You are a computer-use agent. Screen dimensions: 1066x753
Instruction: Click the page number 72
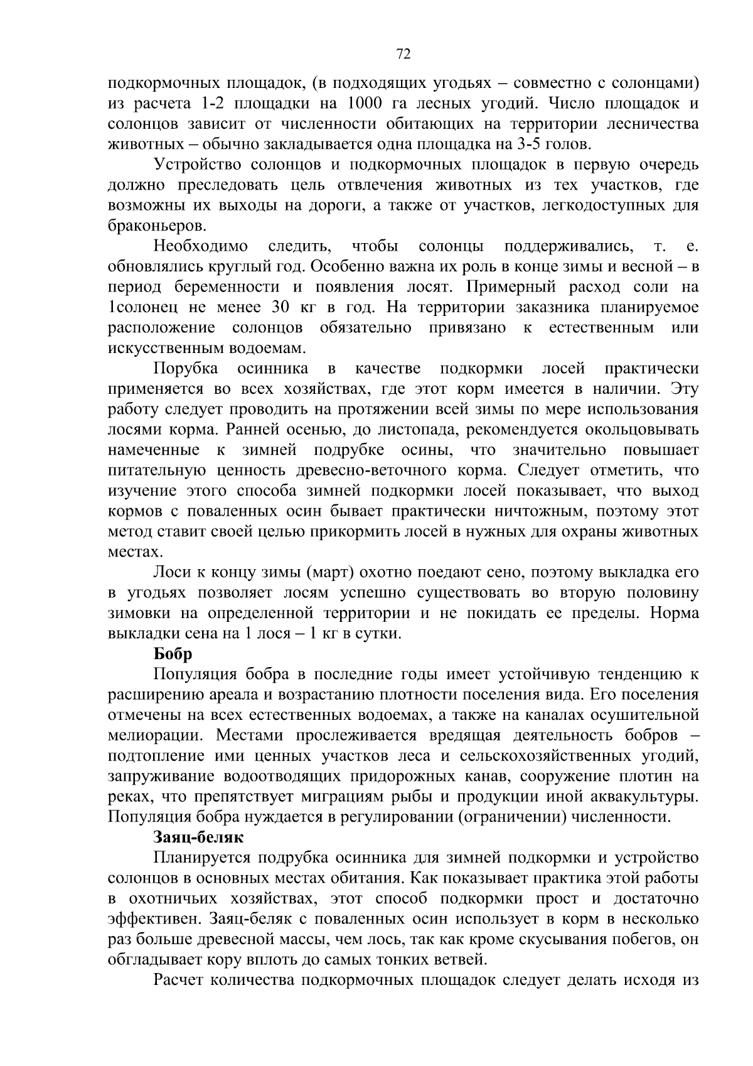pyautogui.click(x=403, y=55)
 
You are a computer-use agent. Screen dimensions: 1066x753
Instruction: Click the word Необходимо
pyautogui.click(x=201, y=246)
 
